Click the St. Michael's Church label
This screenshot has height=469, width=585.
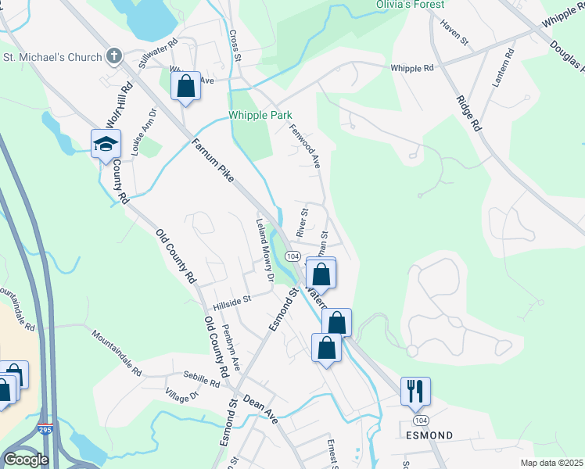[x=53, y=57]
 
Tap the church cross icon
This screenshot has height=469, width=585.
[x=114, y=56]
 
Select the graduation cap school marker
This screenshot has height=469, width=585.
[x=106, y=144]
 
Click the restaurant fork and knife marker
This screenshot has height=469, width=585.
[x=415, y=390]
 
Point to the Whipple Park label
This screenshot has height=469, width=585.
[x=260, y=115]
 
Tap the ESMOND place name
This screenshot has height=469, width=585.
[x=428, y=434]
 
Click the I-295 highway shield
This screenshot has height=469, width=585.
[x=45, y=429]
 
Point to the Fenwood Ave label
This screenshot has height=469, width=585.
[x=306, y=146]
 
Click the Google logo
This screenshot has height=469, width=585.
[x=25, y=460]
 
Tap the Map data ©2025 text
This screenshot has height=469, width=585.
[x=551, y=463]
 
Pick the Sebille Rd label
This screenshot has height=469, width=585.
[x=202, y=380]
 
